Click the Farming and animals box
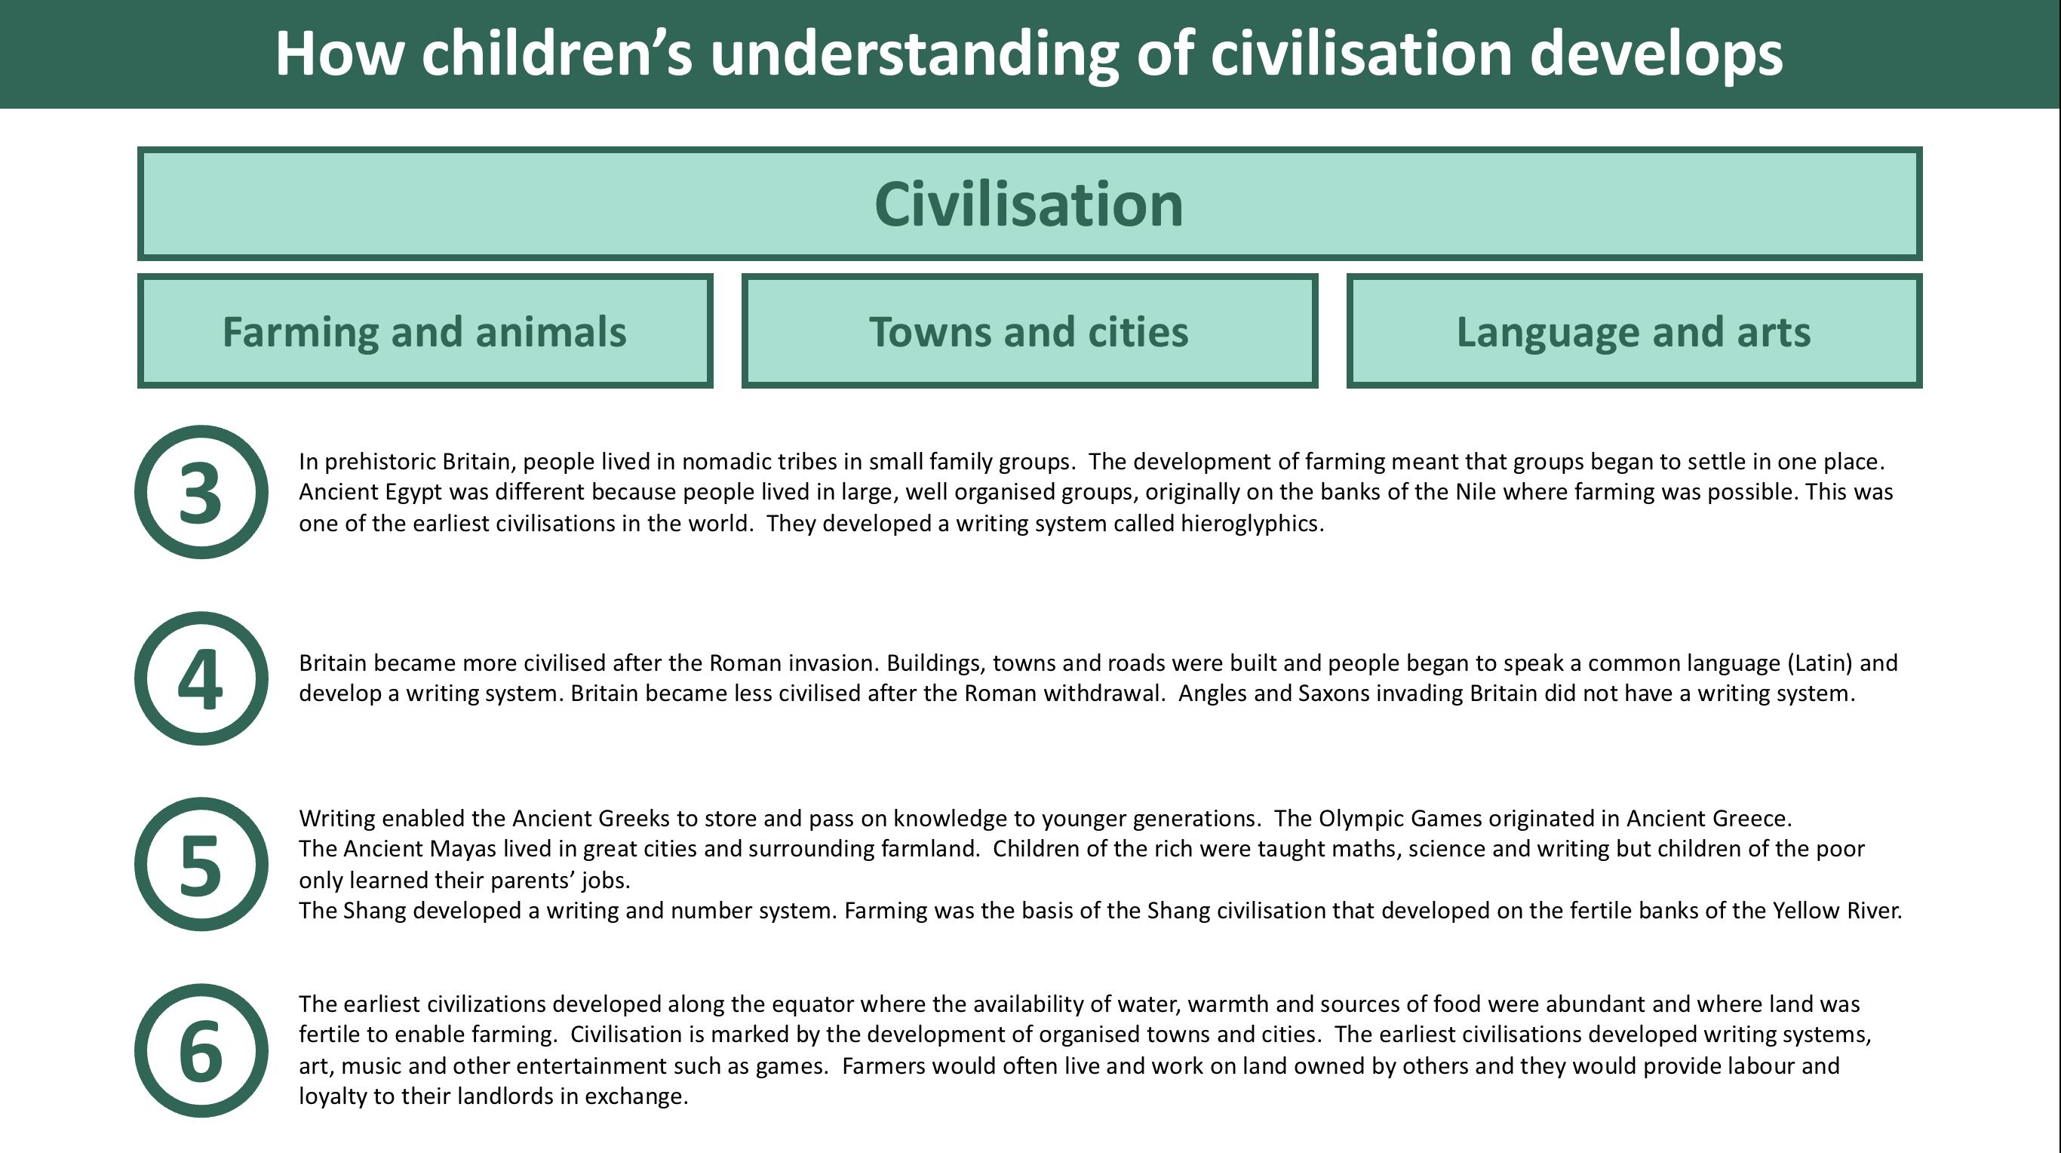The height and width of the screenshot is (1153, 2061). [x=425, y=331]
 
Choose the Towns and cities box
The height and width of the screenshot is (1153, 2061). [x=1030, y=331]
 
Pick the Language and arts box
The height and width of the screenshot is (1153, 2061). [x=1634, y=331]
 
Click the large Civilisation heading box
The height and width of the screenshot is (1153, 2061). [x=1030, y=204]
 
